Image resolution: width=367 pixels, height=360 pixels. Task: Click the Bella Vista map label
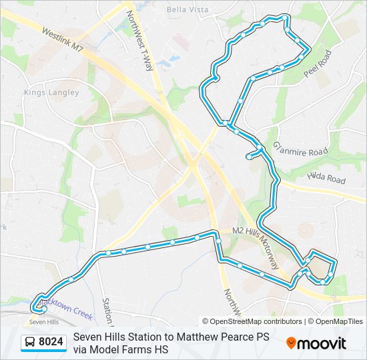(188, 10)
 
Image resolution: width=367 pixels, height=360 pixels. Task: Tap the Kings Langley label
(51, 93)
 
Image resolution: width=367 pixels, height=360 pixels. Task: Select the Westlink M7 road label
(63, 41)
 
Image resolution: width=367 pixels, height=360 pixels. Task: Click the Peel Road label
(317, 63)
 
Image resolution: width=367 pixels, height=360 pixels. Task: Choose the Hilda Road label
(326, 179)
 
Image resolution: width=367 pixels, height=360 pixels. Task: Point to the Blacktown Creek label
(65, 306)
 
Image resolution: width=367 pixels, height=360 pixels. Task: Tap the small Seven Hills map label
(44, 322)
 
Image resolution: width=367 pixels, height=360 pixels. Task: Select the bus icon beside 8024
(30, 343)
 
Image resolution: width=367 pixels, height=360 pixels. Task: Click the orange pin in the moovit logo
(292, 343)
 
